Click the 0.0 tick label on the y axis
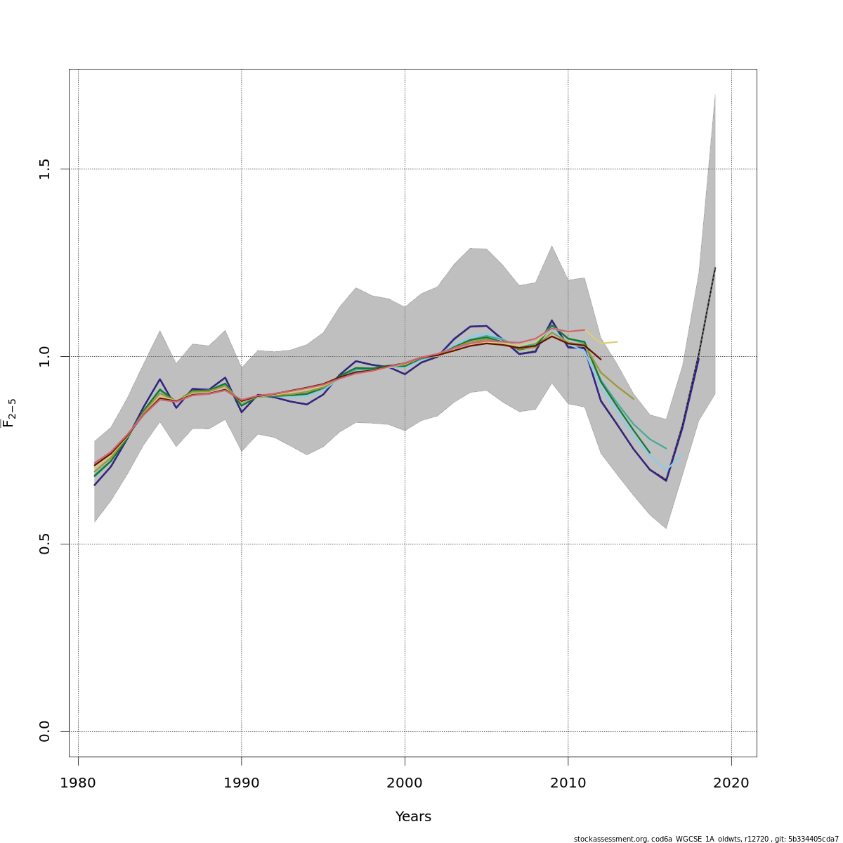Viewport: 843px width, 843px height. pyautogui.click(x=45, y=731)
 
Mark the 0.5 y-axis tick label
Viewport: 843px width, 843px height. pyautogui.click(x=45, y=544)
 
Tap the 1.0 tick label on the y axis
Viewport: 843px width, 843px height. pyautogui.click(x=45, y=356)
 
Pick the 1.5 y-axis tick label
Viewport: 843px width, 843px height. pyautogui.click(x=45, y=169)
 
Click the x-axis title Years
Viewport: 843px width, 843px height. pyautogui.click(x=413, y=817)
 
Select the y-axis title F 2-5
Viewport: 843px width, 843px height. pyautogui.click(x=10, y=413)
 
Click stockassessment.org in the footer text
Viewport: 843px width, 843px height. pyautogui.click(x=610, y=839)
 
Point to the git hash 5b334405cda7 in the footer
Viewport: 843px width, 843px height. pyautogui.click(x=813, y=839)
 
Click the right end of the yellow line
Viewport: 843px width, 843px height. pyautogui.click(x=617, y=341)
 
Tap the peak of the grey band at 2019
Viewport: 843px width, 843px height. pyautogui.click(x=715, y=93)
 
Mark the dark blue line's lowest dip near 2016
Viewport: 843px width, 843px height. pyautogui.click(x=666, y=481)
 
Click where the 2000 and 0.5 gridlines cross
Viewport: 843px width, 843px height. pyautogui.click(x=405, y=544)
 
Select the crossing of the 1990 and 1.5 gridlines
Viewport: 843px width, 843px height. pyautogui.click(x=241, y=169)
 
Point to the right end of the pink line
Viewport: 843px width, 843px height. pyautogui.click(x=584, y=329)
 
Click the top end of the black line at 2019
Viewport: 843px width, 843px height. pyautogui.click(x=715, y=268)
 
